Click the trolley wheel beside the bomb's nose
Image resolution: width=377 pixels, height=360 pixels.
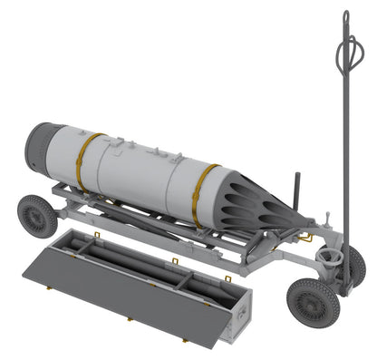click(37, 216)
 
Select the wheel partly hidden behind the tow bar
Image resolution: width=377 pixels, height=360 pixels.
click(356, 265)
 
